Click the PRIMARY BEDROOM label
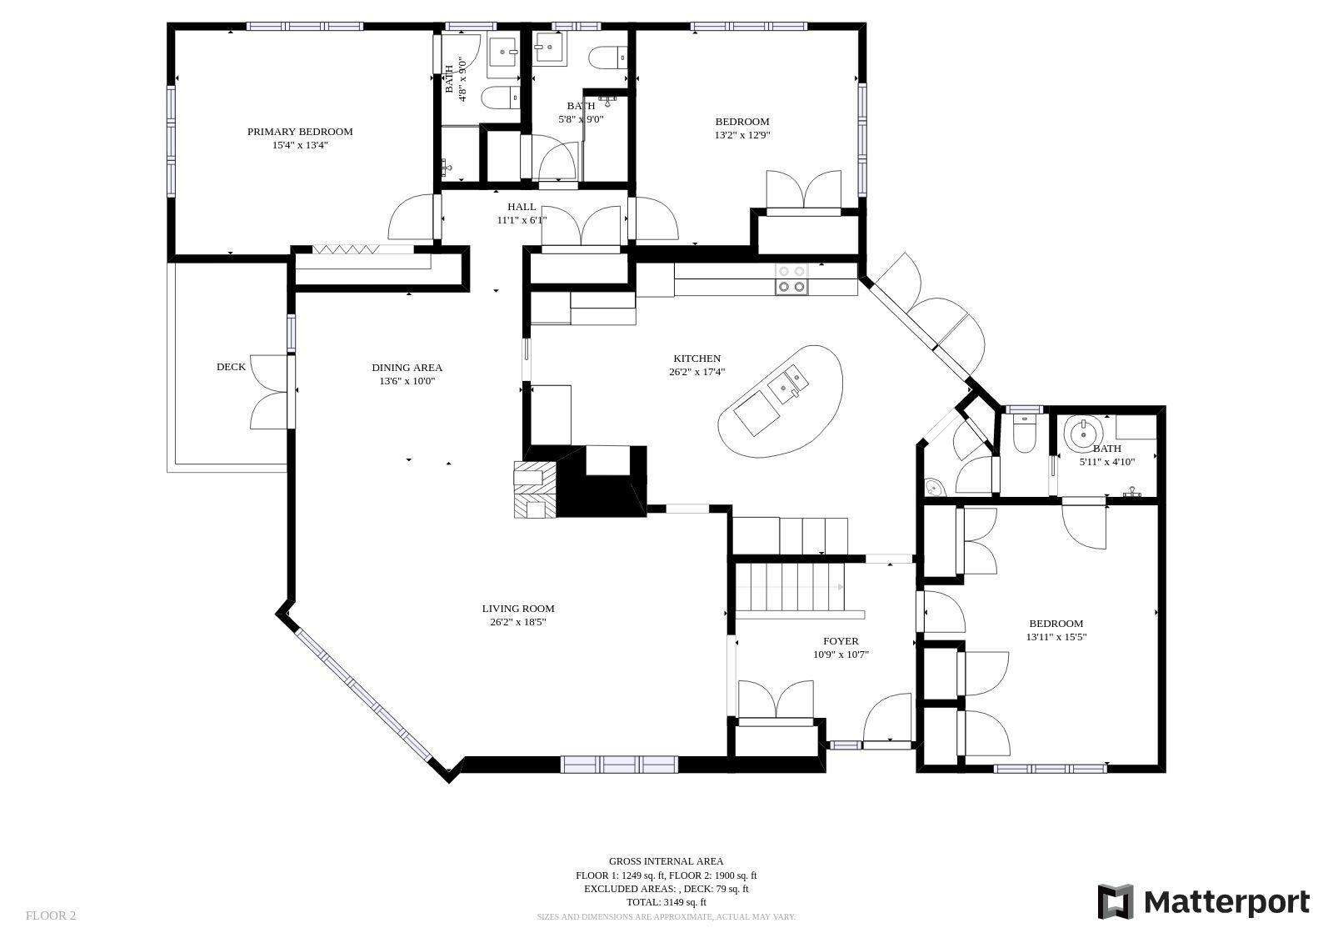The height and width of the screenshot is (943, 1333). click(300, 132)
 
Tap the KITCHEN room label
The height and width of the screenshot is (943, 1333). click(696, 359)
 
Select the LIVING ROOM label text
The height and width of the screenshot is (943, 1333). click(517, 609)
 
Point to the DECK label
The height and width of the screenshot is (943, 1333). click(231, 367)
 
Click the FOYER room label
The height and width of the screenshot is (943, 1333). click(841, 641)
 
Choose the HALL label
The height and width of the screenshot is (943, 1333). click(522, 207)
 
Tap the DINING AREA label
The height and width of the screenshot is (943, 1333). click(407, 368)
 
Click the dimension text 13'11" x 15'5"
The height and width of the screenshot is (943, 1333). click(1056, 637)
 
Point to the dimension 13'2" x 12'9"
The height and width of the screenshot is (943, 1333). click(742, 135)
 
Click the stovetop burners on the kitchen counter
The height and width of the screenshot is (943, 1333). click(791, 279)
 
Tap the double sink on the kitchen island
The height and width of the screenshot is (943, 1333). click(787, 385)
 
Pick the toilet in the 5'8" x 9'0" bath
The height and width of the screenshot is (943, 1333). click(608, 58)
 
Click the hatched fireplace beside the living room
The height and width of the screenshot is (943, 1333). click(535, 489)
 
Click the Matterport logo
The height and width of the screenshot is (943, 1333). click(1203, 901)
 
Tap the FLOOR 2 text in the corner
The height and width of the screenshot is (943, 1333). click(51, 915)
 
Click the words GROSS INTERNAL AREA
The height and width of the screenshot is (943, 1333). click(666, 861)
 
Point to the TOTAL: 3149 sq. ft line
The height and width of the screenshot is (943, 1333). click(666, 902)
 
